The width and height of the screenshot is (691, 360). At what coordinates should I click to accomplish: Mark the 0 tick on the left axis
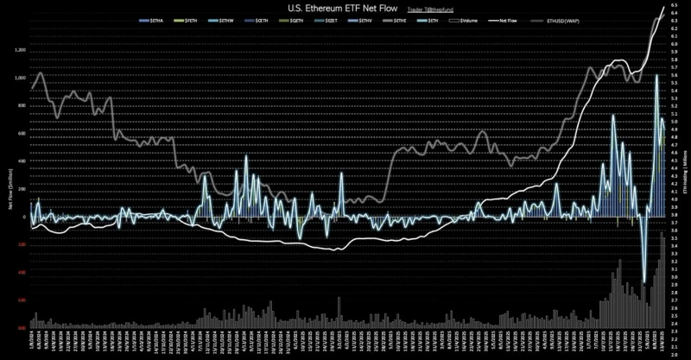[24, 217]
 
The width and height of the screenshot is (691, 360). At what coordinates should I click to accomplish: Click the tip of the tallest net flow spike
[657, 75]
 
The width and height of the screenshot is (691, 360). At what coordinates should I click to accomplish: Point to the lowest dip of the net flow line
[644, 282]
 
